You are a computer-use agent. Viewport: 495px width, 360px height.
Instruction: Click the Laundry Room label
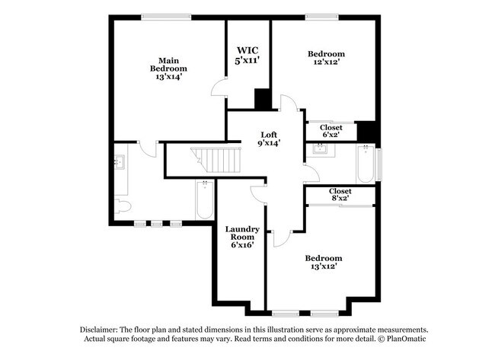pyautogui.click(x=242, y=237)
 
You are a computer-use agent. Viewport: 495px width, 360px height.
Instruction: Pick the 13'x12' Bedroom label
pyautogui.click(x=324, y=263)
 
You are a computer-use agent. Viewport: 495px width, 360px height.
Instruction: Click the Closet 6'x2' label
pyautogui.click(x=331, y=131)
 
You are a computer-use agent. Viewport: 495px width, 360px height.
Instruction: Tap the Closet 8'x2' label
pyautogui.click(x=340, y=195)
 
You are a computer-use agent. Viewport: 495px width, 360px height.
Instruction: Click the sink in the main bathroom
pyautogui.click(x=120, y=162)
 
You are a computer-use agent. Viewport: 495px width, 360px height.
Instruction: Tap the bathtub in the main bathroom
pyautogui.click(x=205, y=199)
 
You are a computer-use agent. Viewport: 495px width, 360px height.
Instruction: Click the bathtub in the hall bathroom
pyautogui.click(x=366, y=163)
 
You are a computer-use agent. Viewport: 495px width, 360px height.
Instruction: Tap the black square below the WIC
pyautogui.click(x=262, y=99)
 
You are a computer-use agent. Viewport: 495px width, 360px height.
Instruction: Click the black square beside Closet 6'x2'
pyautogui.click(x=367, y=131)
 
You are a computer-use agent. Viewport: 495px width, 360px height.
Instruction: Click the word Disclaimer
pyautogui.click(x=104, y=327)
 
